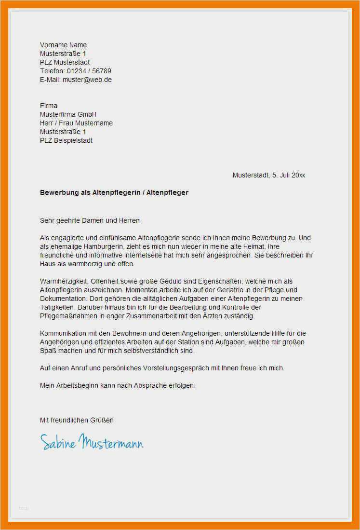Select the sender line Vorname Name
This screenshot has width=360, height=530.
tap(63, 45)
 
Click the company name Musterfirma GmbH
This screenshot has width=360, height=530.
tap(68, 114)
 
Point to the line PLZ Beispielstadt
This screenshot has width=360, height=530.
tap(66, 140)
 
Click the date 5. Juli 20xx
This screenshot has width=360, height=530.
tap(288, 175)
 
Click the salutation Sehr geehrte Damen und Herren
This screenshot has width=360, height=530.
tap(90, 220)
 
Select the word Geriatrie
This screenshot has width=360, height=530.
tap(203, 290)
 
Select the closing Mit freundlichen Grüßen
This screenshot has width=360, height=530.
tap(77, 420)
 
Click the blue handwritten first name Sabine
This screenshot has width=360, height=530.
tap(58, 443)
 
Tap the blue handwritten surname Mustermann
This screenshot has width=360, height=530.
tap(112, 442)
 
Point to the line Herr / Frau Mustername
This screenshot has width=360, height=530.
tap(76, 123)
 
